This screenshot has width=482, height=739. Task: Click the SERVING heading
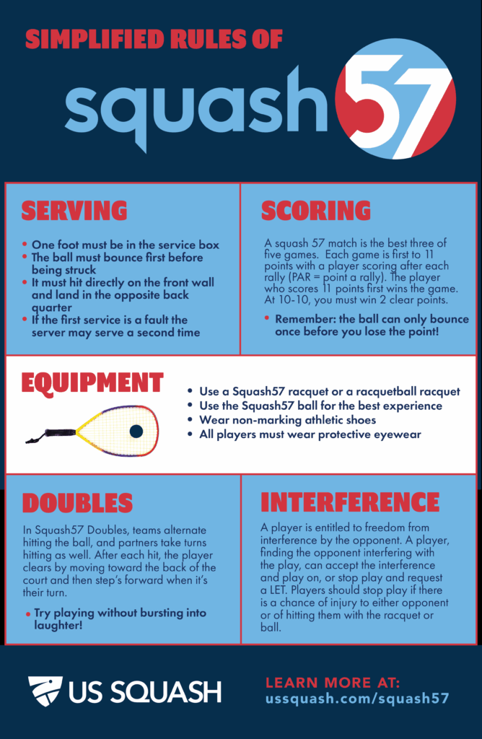[x=74, y=211]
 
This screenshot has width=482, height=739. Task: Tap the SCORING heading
[x=315, y=211]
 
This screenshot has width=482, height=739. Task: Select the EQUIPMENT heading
[x=92, y=382]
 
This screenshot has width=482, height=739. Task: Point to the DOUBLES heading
[x=77, y=503]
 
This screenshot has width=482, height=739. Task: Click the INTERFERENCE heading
[x=350, y=502]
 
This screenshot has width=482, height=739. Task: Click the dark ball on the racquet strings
[x=136, y=431]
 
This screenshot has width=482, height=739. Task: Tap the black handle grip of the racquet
[x=61, y=432]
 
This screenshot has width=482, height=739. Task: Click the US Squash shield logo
[x=45, y=691]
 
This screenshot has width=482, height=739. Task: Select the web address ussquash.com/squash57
[x=357, y=698]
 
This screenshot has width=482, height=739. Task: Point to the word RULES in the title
[x=195, y=39]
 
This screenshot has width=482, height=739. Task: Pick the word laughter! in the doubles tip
[x=58, y=626]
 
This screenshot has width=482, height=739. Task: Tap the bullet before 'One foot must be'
[x=25, y=245]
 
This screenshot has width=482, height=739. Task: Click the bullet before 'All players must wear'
[x=190, y=434]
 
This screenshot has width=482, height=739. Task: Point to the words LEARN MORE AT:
[x=333, y=683]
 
